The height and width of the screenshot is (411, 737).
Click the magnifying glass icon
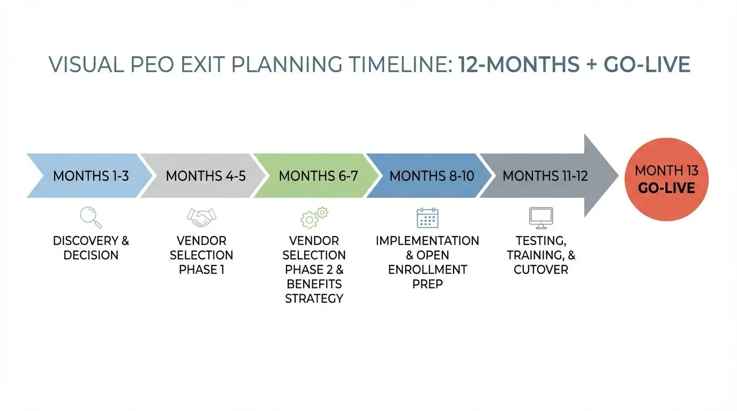[x=91, y=217]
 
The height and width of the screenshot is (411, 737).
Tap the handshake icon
[x=201, y=217]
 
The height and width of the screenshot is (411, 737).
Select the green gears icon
[x=314, y=218]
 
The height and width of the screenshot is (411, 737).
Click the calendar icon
[x=427, y=218]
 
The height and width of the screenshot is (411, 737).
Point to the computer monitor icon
[x=541, y=217]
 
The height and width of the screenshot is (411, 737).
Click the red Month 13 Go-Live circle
[x=666, y=179]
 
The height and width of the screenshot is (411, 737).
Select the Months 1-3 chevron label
[x=91, y=176]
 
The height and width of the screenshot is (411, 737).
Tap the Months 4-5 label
[x=206, y=176]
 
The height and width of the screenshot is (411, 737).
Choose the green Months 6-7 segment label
[x=318, y=176]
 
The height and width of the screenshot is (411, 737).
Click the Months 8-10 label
[x=432, y=176]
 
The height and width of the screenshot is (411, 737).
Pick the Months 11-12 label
[x=545, y=176]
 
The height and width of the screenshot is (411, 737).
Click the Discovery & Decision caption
[x=91, y=248]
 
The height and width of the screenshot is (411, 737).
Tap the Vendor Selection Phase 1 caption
[x=201, y=255]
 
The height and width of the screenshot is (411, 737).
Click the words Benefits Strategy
[x=314, y=291]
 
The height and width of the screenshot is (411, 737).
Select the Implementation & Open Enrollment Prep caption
[x=427, y=262]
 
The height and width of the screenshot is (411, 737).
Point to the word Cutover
[x=541, y=270]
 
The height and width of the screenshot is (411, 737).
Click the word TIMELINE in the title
[x=390, y=65]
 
